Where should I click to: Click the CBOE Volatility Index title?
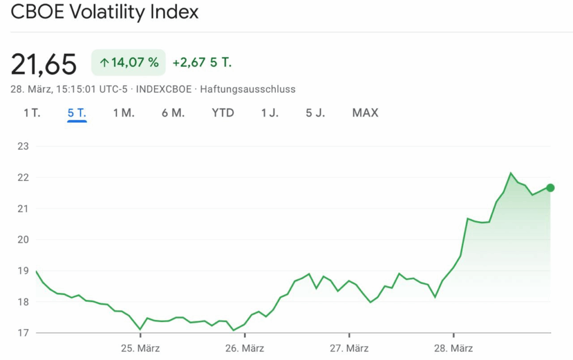[x=105, y=12]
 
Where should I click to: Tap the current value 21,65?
[x=44, y=64]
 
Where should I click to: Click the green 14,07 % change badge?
[x=129, y=63]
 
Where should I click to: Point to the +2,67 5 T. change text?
[x=202, y=63]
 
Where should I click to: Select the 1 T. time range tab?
[x=32, y=113]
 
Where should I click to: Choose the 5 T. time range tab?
[x=77, y=113]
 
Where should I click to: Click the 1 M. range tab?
[x=124, y=113]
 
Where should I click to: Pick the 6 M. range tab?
[x=173, y=113]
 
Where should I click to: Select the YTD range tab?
[x=223, y=113]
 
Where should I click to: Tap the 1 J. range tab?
[x=270, y=113]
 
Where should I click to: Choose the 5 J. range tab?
[x=315, y=113]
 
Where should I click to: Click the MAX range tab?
[x=365, y=113]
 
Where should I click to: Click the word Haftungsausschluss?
[x=247, y=89]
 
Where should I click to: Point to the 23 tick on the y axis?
[x=24, y=147]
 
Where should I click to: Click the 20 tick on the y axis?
[x=24, y=240]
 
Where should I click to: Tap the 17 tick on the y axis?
[x=24, y=333]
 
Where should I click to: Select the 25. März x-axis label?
[x=140, y=348]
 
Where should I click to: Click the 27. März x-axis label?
[x=349, y=348]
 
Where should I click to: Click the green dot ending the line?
[x=551, y=188]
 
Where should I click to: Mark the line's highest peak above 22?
[x=510, y=173]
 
